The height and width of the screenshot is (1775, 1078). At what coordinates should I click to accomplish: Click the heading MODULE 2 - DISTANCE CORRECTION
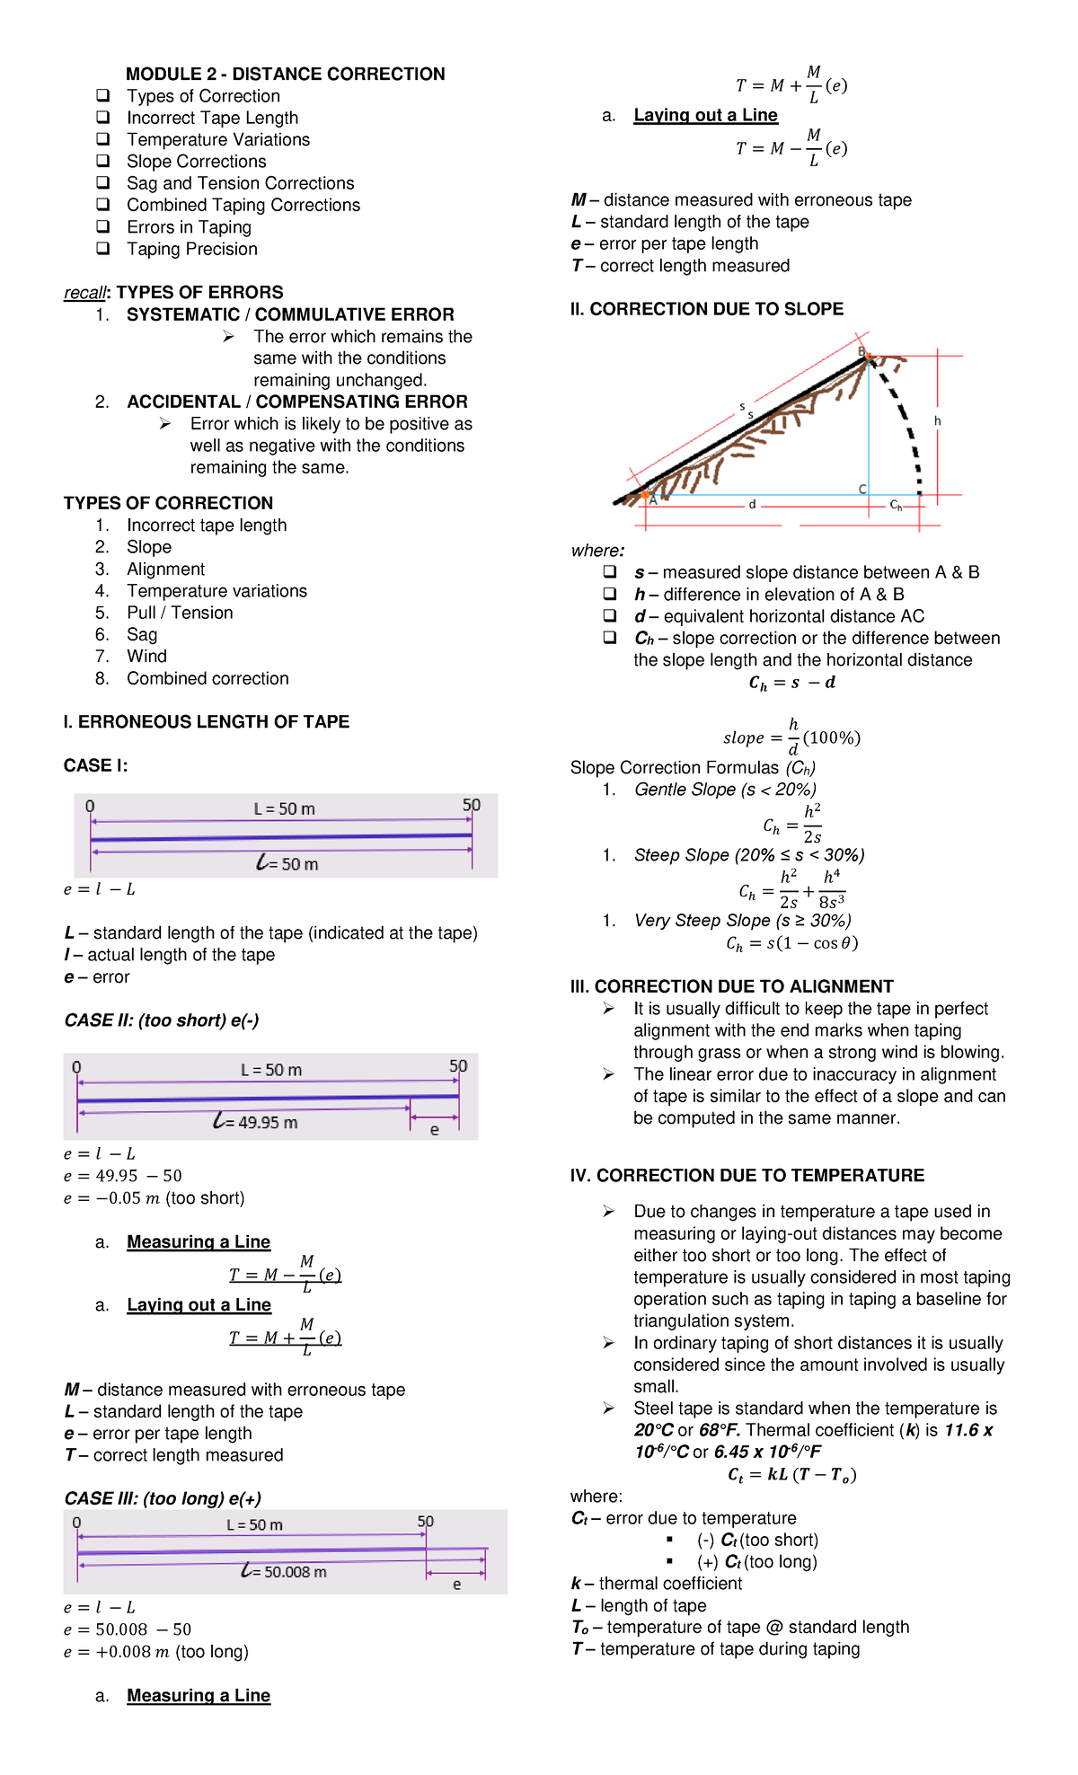coord(285,74)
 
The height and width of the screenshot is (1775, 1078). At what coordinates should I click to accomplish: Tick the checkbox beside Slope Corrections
coord(103,161)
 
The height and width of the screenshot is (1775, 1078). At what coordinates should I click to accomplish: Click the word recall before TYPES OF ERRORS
coord(85,293)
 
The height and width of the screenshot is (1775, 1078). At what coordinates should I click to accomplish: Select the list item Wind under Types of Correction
coord(146,657)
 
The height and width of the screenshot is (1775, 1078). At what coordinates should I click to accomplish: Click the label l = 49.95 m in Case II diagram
coord(257,1122)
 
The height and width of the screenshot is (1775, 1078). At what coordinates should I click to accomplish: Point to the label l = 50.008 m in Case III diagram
coord(284,1571)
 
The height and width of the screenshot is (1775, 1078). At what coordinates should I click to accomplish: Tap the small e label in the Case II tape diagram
coord(435,1129)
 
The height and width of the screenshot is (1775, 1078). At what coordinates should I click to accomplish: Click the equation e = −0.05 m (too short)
coord(154,1198)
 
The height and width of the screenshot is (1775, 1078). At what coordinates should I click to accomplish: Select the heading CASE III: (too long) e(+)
coord(163,1498)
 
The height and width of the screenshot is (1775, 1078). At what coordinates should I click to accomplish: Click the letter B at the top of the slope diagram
coord(861,352)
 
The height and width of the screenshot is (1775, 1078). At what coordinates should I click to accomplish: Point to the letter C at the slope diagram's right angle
coord(862,489)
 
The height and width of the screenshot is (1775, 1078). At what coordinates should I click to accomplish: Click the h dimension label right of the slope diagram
coord(937,420)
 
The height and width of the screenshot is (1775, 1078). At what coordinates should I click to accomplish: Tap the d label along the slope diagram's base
coord(752,505)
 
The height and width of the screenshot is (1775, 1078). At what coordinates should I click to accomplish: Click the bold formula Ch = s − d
coord(792,683)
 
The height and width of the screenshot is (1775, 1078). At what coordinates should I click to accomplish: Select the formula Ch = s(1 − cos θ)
coord(792,943)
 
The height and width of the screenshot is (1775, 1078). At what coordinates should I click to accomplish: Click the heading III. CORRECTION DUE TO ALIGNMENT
coord(731,986)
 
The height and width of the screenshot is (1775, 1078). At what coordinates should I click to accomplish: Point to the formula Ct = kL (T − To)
coord(792,1475)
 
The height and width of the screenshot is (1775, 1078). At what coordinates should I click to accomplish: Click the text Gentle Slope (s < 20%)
coord(725,790)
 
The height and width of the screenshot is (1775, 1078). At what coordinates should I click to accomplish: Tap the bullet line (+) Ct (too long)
coord(756,1562)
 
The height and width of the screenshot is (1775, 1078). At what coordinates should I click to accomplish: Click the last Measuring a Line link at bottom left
coord(199,1695)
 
